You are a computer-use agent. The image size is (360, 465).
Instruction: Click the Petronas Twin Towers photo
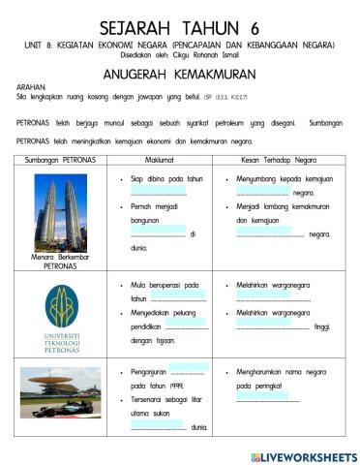[61, 210]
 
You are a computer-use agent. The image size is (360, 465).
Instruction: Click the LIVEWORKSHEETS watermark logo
[304, 455]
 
